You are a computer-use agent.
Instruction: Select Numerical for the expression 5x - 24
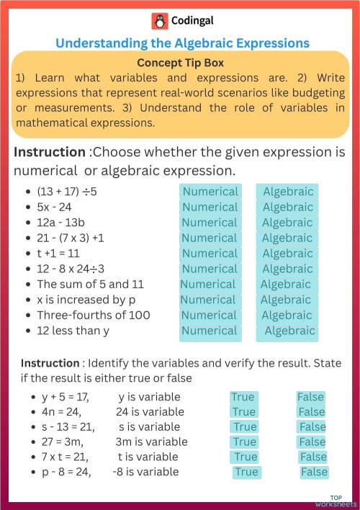(210, 207)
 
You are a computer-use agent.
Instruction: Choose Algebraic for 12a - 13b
(287, 223)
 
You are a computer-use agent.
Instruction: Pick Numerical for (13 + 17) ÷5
(210, 192)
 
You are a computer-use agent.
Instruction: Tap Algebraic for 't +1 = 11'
(287, 254)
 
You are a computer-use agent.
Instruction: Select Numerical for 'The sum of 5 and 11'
(208, 284)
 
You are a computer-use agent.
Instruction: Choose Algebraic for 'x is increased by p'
(286, 300)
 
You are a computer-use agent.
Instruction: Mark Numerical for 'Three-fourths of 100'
(209, 316)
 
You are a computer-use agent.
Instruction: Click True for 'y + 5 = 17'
(243, 397)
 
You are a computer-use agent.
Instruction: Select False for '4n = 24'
(312, 412)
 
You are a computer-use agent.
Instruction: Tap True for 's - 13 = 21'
(244, 427)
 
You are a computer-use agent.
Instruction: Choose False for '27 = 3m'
(312, 442)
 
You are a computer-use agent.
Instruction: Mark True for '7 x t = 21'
(245, 457)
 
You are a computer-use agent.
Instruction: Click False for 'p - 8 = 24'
(314, 472)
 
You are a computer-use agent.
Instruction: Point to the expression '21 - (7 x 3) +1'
(71, 238)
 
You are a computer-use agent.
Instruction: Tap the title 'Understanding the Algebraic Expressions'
(182, 43)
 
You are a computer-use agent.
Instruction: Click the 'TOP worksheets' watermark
(341, 500)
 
